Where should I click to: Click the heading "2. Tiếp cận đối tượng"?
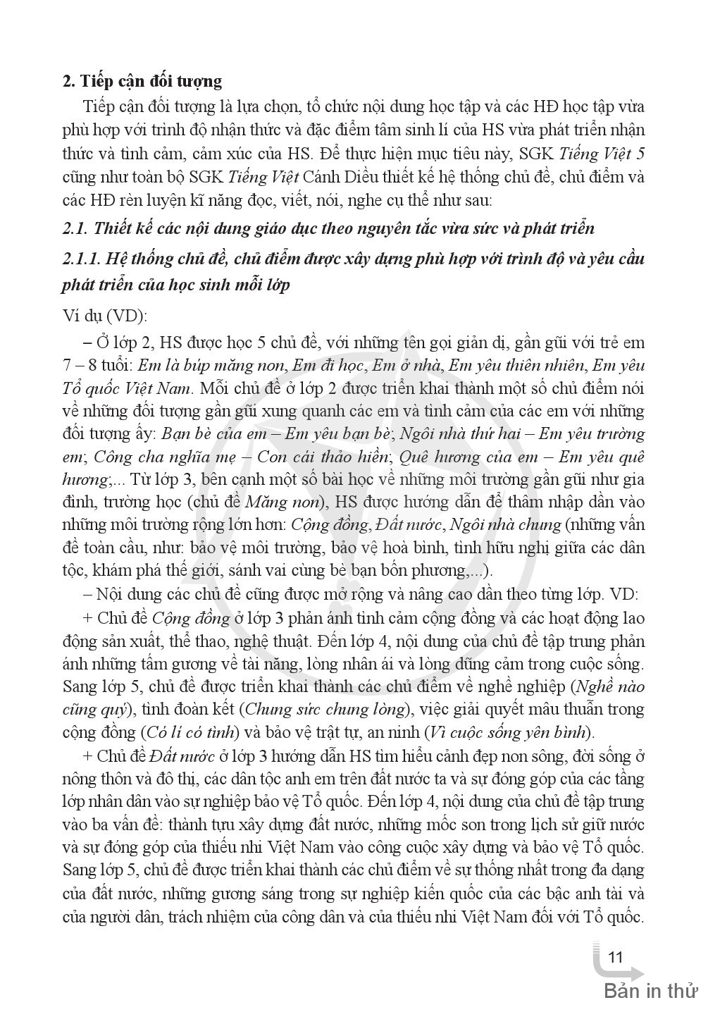point(142,82)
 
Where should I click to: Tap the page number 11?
point(615,958)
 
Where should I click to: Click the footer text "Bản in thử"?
point(650,992)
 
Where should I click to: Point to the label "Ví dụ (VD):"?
point(105,316)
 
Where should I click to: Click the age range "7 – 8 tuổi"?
point(97,366)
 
